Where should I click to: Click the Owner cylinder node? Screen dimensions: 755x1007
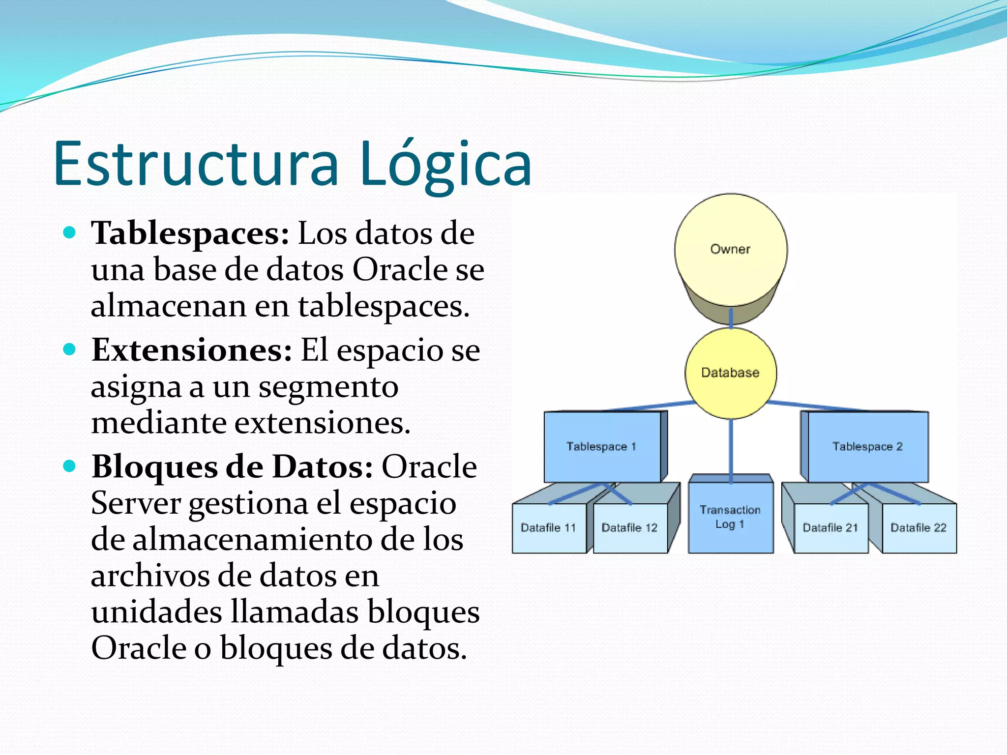pos(731,250)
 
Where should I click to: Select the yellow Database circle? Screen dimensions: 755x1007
pos(731,373)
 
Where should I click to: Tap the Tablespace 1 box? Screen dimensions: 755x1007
pos(602,447)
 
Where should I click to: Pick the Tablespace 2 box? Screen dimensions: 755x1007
pos(868,447)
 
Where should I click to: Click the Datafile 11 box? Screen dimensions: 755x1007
pos(549,528)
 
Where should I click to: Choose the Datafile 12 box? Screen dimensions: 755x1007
pos(630,528)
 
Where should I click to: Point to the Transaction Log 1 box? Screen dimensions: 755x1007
pos(731,517)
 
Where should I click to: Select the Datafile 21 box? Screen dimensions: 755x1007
pos(830,528)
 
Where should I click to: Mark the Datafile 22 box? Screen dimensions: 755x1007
pos(918,528)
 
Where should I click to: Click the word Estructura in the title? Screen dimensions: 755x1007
pos(197,164)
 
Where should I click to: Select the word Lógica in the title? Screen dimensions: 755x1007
pos(445,165)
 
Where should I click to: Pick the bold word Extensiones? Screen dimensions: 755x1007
pos(192,350)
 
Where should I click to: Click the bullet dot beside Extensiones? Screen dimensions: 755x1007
pos(70,349)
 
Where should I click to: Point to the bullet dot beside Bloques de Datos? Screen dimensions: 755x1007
pos(70,466)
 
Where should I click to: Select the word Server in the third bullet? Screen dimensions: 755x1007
pos(136,504)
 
